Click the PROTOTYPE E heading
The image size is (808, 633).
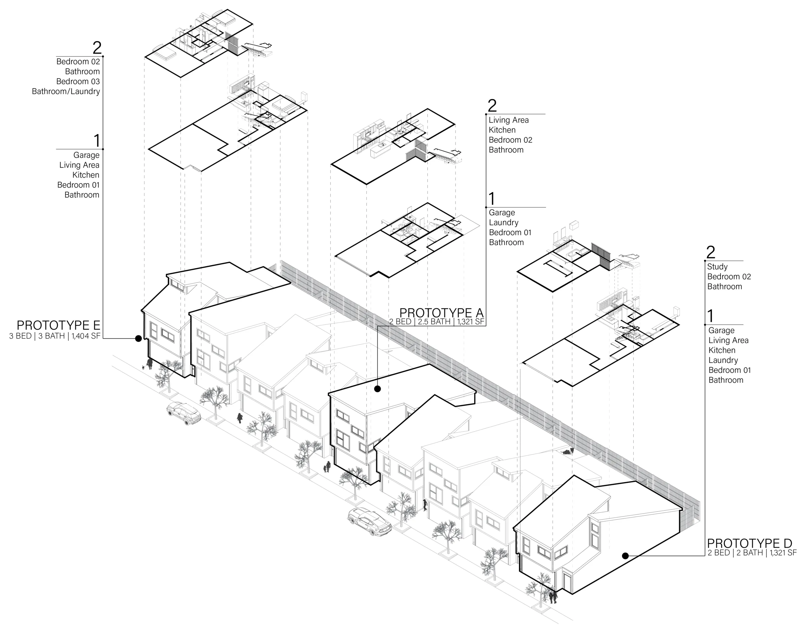click(x=58, y=325)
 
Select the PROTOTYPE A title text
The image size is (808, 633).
click(x=441, y=313)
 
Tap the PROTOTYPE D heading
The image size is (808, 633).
click(x=749, y=543)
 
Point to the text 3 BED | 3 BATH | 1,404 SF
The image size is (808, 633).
click(x=55, y=336)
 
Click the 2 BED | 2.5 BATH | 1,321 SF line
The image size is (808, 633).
click(x=436, y=322)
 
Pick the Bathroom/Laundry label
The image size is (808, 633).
click(x=66, y=92)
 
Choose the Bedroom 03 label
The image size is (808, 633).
click(x=78, y=81)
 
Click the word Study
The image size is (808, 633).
click(x=717, y=267)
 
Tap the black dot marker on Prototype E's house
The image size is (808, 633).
click(x=138, y=338)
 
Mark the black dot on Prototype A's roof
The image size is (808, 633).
click(x=377, y=389)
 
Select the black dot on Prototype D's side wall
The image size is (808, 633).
click(x=625, y=556)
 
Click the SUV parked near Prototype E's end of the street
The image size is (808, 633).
click(x=184, y=413)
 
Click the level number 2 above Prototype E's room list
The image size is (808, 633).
click(x=97, y=48)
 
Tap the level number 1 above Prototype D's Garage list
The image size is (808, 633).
click(x=710, y=316)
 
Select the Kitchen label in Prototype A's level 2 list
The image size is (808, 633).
click(x=502, y=130)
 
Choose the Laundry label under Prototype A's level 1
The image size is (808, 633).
click(x=503, y=223)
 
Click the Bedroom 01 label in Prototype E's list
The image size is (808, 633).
click(x=78, y=185)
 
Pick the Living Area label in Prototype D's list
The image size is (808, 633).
click(x=728, y=341)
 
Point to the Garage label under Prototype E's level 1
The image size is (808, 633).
click(x=86, y=155)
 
